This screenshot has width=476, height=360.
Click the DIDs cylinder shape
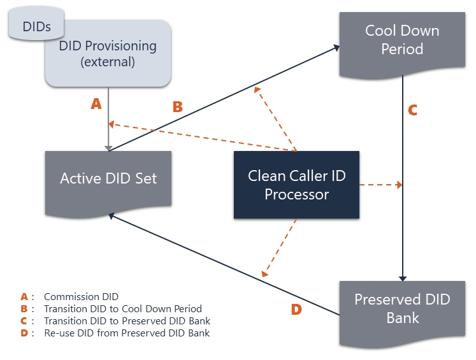click(36, 24)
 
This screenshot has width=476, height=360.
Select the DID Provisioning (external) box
click(108, 54)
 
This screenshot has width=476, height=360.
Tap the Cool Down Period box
click(402, 45)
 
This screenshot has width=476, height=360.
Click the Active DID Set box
click(108, 184)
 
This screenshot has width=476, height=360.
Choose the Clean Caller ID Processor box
click(296, 185)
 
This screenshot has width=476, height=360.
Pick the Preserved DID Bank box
click(402, 314)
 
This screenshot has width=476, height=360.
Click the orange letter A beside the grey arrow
click(96, 104)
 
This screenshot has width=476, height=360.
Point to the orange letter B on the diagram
click(178, 107)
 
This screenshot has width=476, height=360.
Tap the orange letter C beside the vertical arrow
click(412, 110)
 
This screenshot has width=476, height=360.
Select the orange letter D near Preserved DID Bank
click(296, 310)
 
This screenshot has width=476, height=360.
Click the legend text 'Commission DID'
click(81, 296)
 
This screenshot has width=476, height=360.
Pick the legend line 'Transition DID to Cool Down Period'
click(123, 308)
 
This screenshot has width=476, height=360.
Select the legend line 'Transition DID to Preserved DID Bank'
click(127, 321)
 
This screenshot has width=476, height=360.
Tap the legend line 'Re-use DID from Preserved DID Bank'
click(127, 333)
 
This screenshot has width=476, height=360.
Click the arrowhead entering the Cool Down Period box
click(336, 48)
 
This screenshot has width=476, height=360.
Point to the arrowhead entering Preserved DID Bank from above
click(403, 278)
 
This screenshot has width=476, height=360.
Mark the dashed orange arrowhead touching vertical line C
click(399, 185)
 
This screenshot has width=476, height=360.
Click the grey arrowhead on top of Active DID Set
click(108, 148)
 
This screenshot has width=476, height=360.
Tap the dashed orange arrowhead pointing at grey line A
click(112, 124)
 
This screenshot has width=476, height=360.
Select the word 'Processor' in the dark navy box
click(296, 194)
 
